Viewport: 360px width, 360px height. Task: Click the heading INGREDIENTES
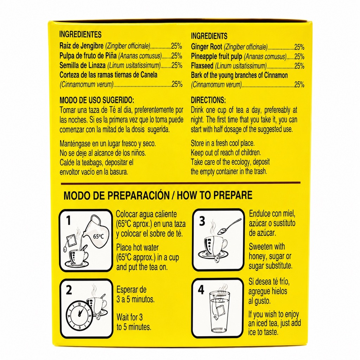click(81, 34)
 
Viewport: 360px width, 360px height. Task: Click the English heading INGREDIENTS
click(209, 36)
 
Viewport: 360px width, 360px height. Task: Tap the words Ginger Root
click(207, 47)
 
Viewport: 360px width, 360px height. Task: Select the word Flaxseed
click(202, 66)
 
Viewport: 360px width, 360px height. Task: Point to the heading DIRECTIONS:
click(208, 100)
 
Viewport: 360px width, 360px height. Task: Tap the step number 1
click(68, 220)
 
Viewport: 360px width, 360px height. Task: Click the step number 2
click(69, 290)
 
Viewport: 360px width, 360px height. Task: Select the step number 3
click(202, 221)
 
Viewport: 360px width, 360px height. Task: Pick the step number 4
click(201, 290)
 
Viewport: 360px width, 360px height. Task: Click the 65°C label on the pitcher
click(98, 236)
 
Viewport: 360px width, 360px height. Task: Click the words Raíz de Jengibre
click(82, 46)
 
